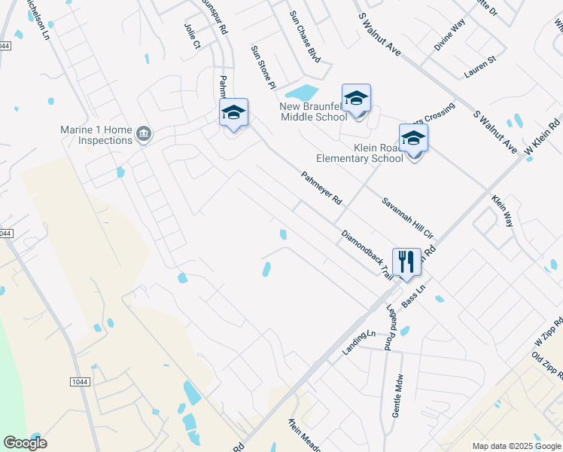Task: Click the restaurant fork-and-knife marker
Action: (406, 263)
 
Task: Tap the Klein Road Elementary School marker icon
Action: (413, 139)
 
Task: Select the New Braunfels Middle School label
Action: (314, 111)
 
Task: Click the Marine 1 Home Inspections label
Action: (96, 135)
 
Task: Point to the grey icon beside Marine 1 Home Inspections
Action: (144, 135)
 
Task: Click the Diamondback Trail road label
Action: (367, 252)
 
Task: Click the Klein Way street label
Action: (501, 212)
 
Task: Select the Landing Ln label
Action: (358, 341)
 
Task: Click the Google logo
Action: (26, 442)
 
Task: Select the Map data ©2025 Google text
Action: (516, 446)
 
